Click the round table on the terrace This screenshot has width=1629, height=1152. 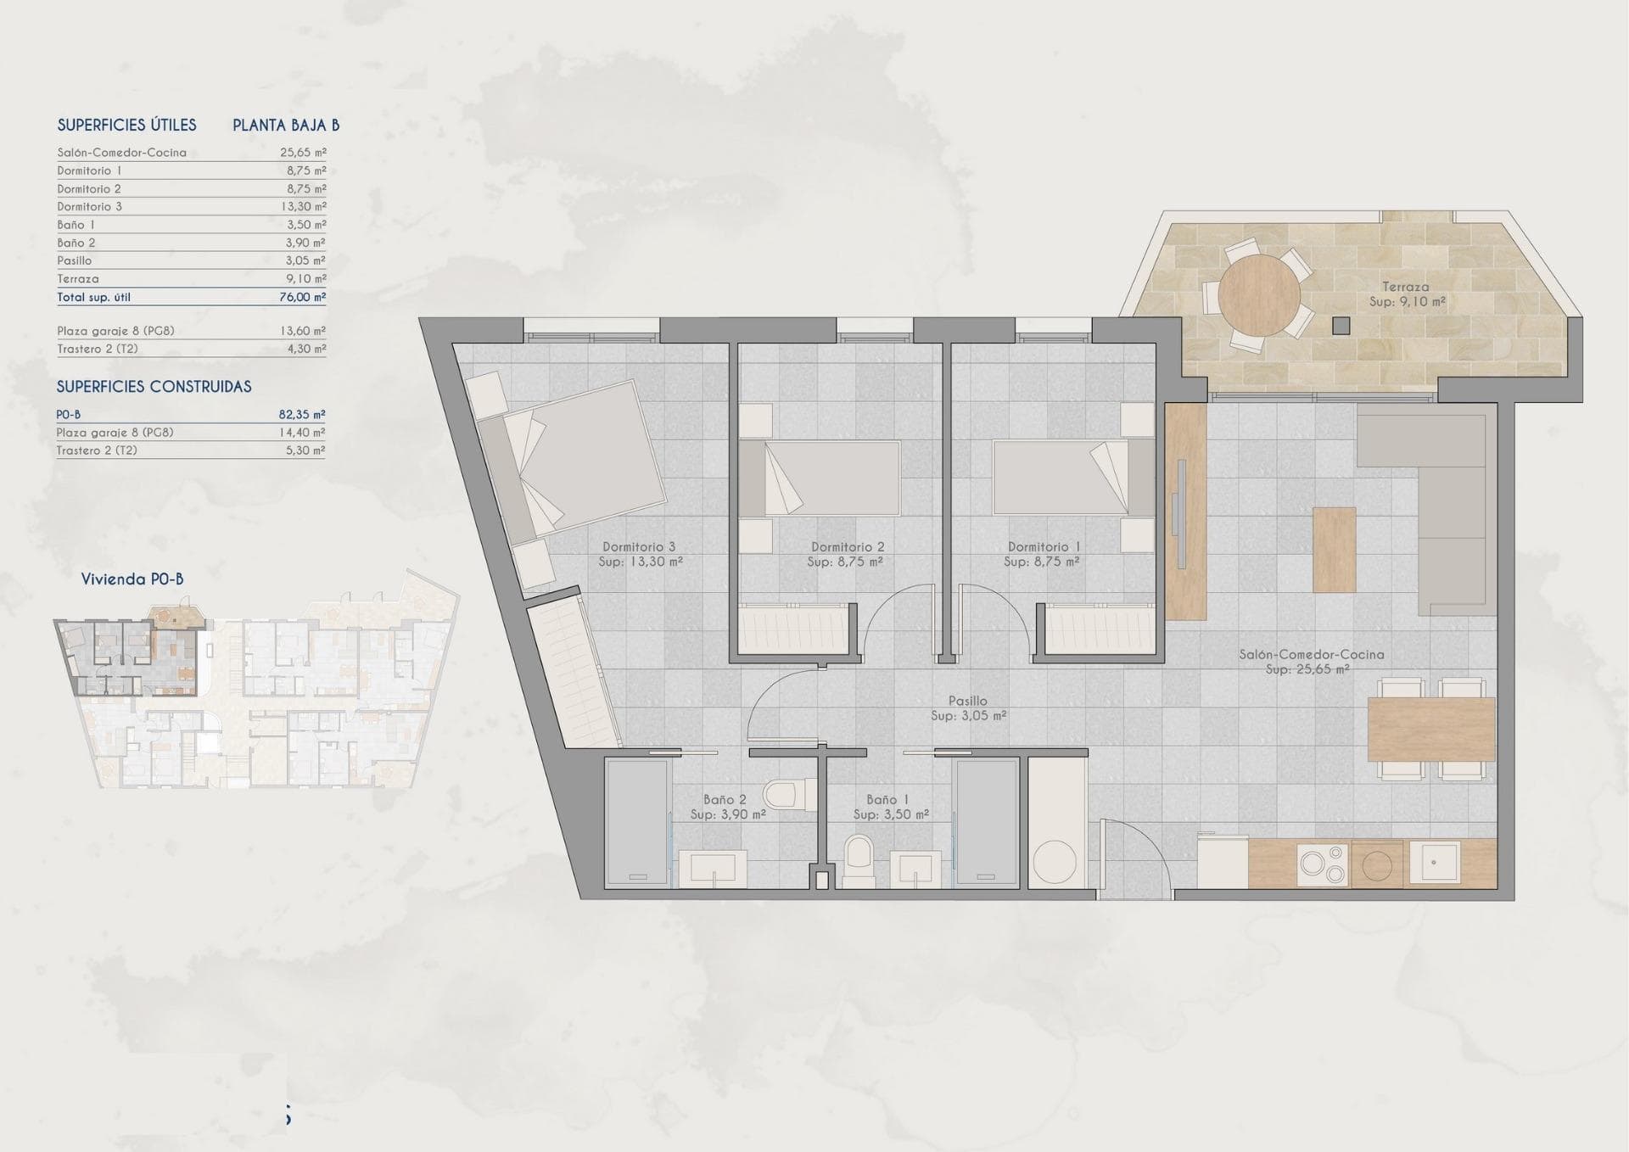[x=1258, y=295]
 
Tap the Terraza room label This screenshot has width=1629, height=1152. [x=1405, y=287]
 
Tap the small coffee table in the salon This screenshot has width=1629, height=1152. [x=1334, y=550]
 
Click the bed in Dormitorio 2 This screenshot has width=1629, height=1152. [x=819, y=478]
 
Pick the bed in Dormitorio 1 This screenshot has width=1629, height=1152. [x=1074, y=478]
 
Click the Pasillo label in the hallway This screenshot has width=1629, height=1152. [x=968, y=701]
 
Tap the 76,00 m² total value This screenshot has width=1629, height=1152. [x=303, y=297]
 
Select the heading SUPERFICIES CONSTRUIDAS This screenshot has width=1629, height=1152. [x=154, y=387]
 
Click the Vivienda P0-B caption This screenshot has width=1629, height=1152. [x=132, y=579]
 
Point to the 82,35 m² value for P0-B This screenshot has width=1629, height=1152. [x=302, y=415]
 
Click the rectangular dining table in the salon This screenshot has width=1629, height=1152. [x=1431, y=730]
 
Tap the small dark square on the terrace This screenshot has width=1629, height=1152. [x=1341, y=325]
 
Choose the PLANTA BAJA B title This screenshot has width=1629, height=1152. [x=286, y=126]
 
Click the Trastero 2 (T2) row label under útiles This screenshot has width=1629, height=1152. [x=98, y=350]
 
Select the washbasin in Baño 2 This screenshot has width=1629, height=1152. [x=712, y=869]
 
